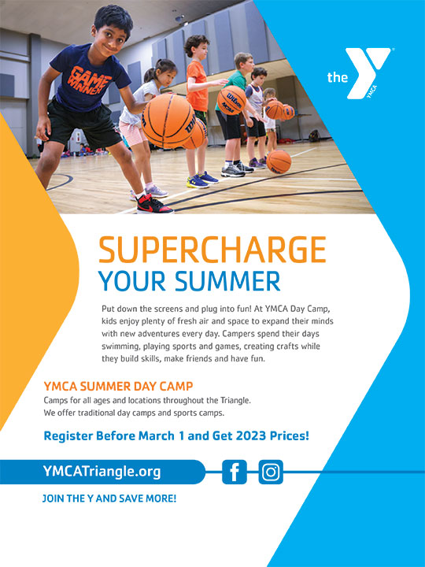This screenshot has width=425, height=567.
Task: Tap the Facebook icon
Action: (235, 472)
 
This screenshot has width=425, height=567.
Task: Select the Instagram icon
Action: (271, 472)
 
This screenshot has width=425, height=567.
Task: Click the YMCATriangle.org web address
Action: (102, 472)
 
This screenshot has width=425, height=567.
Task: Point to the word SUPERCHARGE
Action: (213, 250)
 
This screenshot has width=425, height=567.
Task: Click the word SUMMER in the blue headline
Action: (227, 281)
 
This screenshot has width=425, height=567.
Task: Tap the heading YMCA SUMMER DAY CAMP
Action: (118, 386)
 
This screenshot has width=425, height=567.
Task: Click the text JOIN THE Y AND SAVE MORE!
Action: (109, 498)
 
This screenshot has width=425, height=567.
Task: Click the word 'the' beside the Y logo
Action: (337, 77)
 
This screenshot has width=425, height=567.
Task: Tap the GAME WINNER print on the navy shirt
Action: (88, 81)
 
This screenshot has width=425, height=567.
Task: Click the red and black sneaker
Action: (154, 205)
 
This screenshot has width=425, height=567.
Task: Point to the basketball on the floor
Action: (279, 161)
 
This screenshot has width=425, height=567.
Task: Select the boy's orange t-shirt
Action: (197, 86)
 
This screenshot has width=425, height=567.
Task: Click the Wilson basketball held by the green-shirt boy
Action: (232, 100)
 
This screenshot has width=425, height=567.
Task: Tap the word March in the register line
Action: (157, 435)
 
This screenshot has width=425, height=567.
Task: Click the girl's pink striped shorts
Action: (132, 133)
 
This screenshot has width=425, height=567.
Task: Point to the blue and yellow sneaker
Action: (197, 182)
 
